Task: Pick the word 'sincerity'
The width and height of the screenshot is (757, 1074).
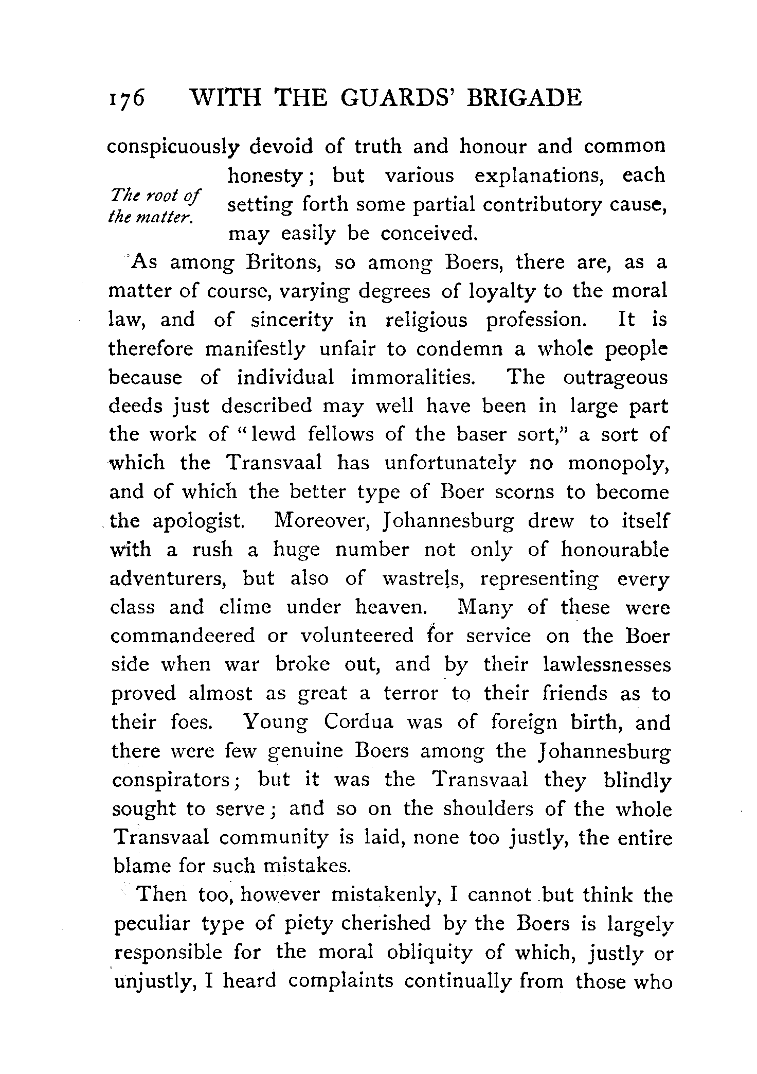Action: click(x=292, y=320)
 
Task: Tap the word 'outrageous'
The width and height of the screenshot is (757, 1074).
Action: click(x=615, y=378)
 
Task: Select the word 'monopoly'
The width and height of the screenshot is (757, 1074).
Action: click(x=617, y=464)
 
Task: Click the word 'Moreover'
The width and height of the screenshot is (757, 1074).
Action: click(x=319, y=521)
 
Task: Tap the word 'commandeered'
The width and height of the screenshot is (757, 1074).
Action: click(x=183, y=636)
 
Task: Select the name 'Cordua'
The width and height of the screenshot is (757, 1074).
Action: click(x=359, y=722)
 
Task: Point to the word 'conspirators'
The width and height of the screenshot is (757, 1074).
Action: click(x=174, y=780)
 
